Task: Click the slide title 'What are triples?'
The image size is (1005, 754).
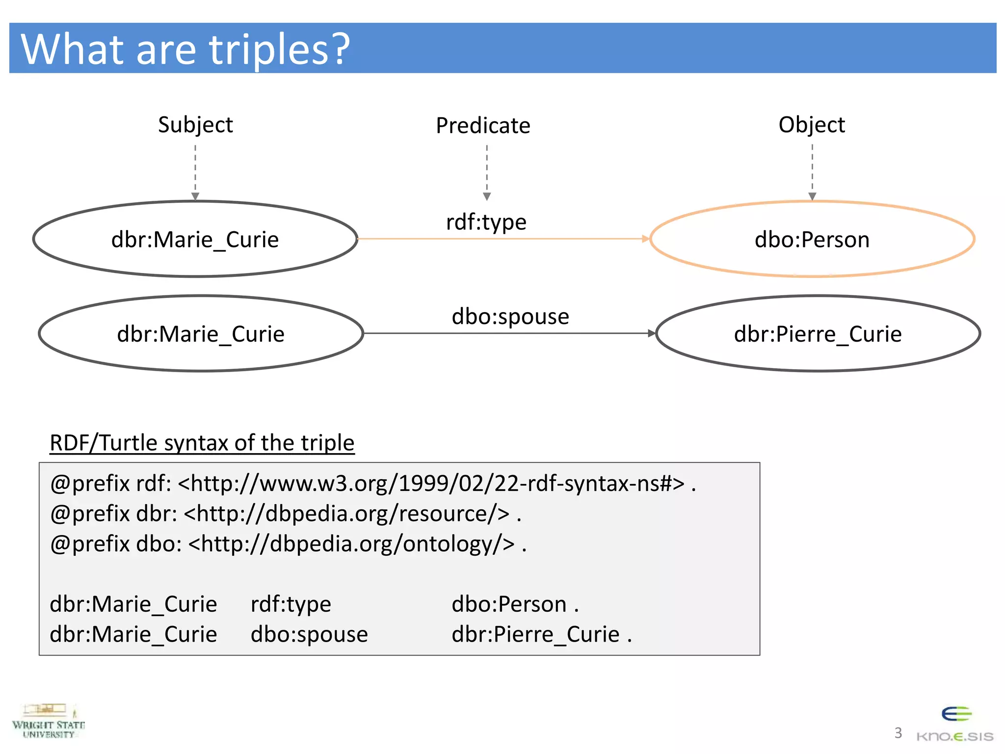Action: [x=185, y=49]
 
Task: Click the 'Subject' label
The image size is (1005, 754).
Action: [x=195, y=125]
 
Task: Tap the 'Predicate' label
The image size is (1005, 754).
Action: [x=483, y=126]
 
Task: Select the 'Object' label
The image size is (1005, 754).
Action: [x=812, y=125]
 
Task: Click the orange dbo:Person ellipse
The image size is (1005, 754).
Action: [x=812, y=240]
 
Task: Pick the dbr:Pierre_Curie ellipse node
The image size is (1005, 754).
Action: [x=818, y=334]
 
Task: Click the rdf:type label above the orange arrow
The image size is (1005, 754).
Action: [x=486, y=222]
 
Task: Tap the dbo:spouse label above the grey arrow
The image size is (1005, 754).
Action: [x=510, y=316]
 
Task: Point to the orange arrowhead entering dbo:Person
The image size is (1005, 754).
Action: [x=645, y=239]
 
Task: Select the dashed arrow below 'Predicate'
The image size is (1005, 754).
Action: [x=487, y=172]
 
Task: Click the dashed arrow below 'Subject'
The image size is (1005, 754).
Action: [x=195, y=172]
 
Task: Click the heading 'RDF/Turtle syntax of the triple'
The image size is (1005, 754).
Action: [x=202, y=443]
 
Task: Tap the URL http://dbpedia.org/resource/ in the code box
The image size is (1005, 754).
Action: [x=346, y=514]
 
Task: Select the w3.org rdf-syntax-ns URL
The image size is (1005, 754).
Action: [x=431, y=484]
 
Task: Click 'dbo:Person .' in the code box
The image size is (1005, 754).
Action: [x=515, y=604]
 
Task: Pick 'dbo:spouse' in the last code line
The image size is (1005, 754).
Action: [x=309, y=634]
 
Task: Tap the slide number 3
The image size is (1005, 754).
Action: [x=898, y=733]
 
